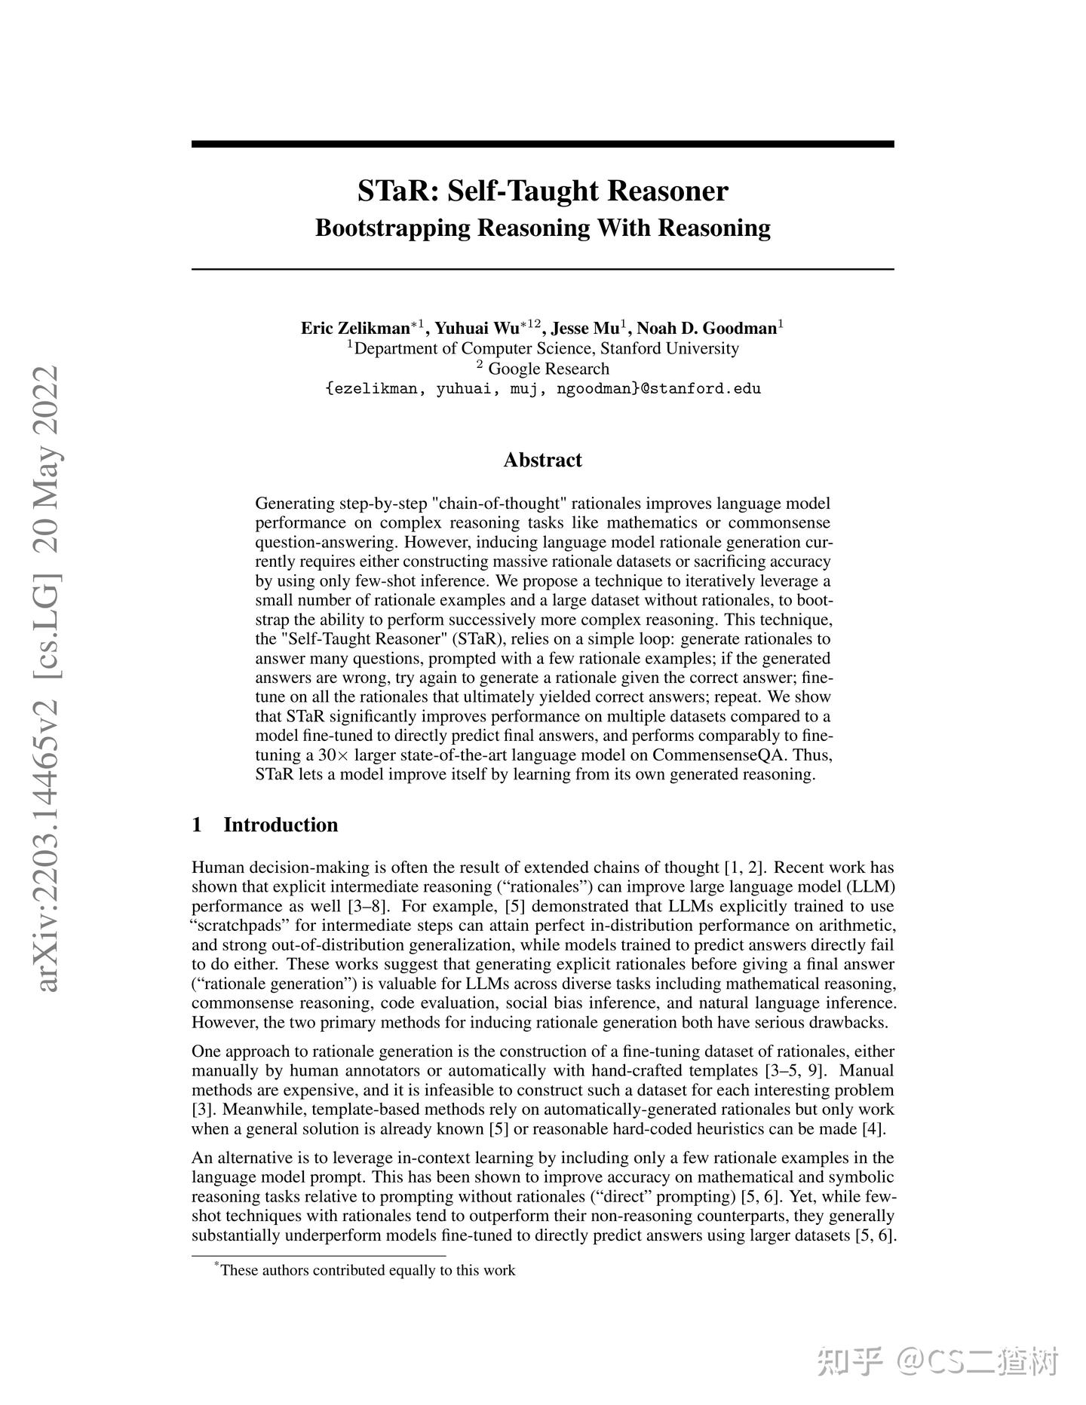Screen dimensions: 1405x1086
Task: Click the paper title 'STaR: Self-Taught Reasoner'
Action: [542, 191]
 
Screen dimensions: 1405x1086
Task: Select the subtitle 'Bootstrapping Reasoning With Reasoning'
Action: [542, 228]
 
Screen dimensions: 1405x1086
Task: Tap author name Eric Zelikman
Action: [354, 329]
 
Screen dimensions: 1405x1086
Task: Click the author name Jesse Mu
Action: [585, 329]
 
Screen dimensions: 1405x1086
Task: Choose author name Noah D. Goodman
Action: [707, 329]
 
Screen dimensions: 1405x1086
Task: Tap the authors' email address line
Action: [542, 389]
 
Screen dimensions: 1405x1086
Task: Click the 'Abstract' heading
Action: [542, 460]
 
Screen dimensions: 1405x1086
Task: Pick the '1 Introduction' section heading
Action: [265, 825]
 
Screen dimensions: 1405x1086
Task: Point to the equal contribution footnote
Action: [367, 1270]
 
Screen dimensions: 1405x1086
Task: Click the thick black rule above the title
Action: [542, 144]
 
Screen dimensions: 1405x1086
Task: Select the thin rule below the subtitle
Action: [542, 269]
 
